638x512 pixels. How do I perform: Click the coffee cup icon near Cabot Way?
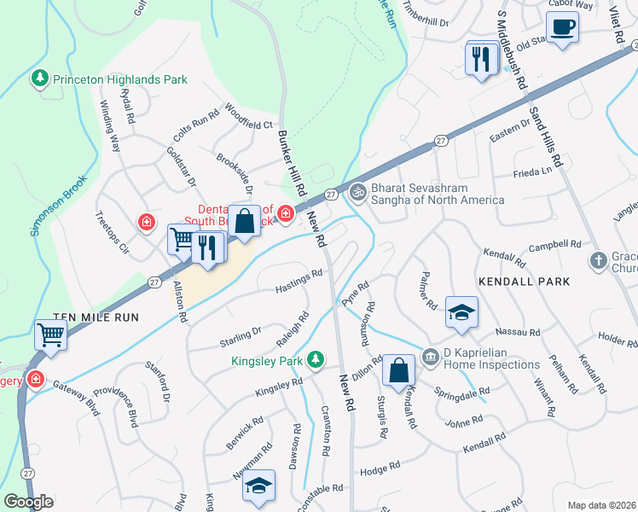[x=562, y=29]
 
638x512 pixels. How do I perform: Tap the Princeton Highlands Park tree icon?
[x=39, y=79]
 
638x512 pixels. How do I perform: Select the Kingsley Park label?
[x=267, y=361]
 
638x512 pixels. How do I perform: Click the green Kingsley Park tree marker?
[x=316, y=360]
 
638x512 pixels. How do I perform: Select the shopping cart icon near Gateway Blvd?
[x=50, y=335]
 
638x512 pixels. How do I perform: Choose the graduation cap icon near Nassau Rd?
[x=461, y=312]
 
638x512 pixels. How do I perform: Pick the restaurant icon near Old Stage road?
[x=482, y=58]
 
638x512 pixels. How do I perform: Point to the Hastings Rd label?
[x=299, y=281]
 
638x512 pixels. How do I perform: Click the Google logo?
[x=27, y=502]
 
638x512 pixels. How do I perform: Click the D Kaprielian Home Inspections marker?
[x=431, y=355]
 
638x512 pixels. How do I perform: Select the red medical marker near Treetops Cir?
[x=147, y=224]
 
